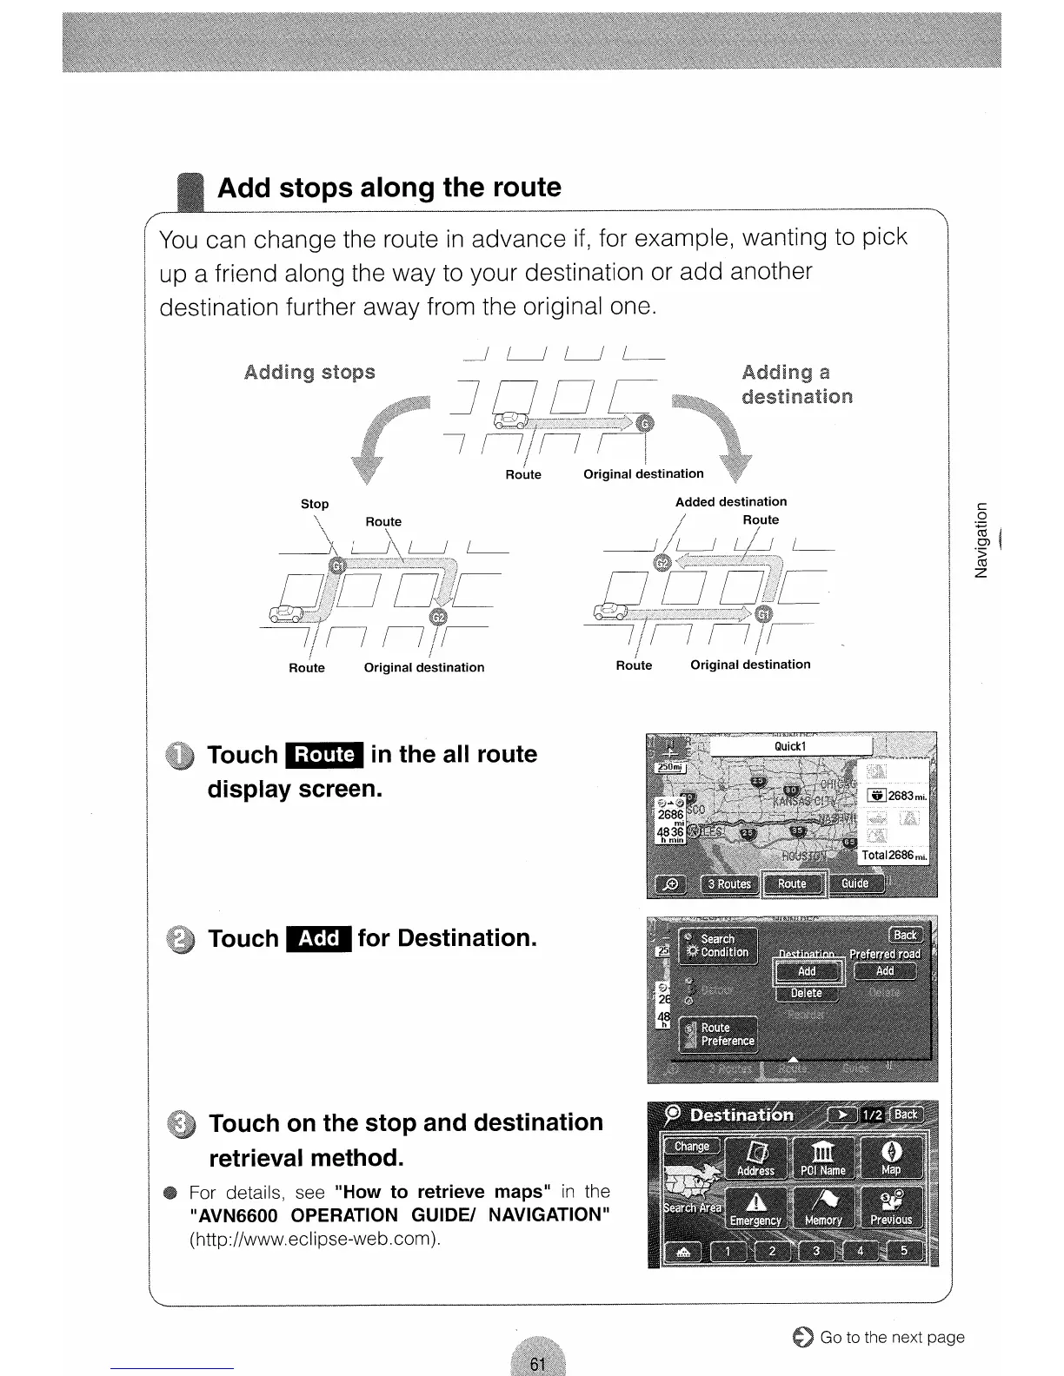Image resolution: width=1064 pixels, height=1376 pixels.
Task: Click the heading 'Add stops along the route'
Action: (389, 188)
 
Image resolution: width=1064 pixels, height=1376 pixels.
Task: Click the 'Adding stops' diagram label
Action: (309, 373)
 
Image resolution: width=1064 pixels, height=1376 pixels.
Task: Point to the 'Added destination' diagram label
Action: (731, 502)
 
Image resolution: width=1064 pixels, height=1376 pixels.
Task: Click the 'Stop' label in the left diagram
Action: (315, 504)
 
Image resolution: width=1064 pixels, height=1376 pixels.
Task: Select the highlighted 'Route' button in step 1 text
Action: (324, 755)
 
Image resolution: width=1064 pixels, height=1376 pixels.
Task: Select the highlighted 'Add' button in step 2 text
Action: (320, 939)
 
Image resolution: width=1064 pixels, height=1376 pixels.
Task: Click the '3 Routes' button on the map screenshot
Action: (728, 883)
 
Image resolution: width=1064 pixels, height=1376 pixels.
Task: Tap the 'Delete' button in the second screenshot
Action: (806, 993)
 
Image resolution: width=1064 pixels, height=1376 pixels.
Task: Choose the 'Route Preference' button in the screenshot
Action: (719, 1034)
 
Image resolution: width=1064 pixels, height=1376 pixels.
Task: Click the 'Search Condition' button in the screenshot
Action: (719, 945)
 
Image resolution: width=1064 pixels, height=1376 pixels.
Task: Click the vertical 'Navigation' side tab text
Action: (982, 540)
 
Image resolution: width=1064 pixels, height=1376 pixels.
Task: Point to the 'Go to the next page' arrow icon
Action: (803, 1338)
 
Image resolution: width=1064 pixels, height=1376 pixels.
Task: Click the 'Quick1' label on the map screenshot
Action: (791, 746)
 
